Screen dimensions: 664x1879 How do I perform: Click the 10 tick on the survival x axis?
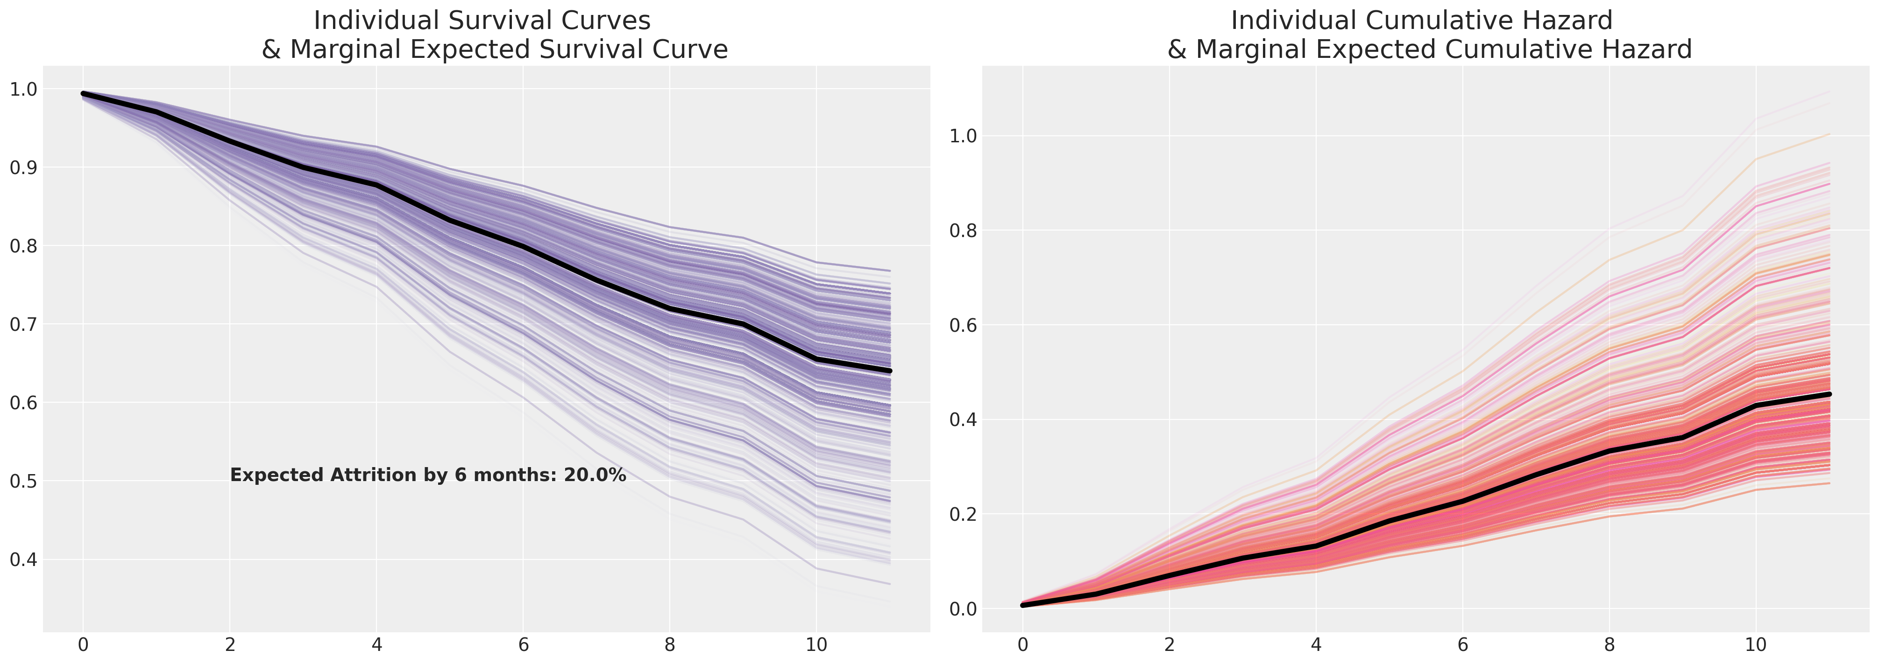tap(816, 645)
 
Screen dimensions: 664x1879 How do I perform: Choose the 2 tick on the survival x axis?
tap(230, 645)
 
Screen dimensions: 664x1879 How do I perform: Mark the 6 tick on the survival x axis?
tap(523, 645)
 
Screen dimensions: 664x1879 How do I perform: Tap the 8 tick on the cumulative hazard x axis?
tap(1609, 645)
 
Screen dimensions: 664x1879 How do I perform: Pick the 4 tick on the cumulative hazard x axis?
tap(1316, 645)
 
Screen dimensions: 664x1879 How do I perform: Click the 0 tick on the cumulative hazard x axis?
tap(1023, 645)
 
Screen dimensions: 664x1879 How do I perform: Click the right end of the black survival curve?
tap(890, 371)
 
